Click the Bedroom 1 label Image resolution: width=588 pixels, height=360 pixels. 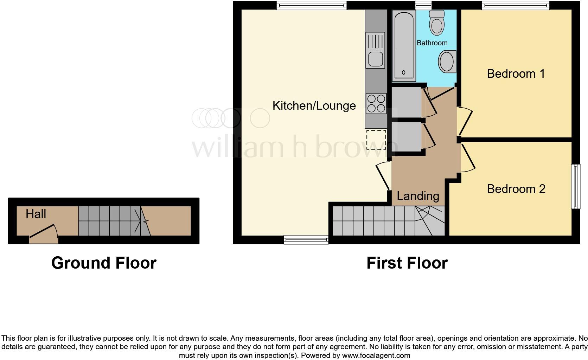(x=516, y=73)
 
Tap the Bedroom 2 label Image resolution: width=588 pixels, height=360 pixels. (x=516, y=189)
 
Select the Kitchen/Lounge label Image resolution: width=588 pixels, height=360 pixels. (x=314, y=105)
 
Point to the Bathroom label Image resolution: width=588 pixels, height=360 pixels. (x=432, y=43)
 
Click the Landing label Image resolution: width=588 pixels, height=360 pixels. (x=418, y=196)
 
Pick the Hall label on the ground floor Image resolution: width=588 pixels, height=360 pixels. (x=36, y=214)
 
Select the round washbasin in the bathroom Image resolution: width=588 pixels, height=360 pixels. (x=447, y=62)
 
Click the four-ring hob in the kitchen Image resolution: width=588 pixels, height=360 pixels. (x=376, y=103)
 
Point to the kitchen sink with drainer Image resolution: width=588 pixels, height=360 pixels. (x=375, y=50)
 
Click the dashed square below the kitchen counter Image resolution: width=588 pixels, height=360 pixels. (x=376, y=140)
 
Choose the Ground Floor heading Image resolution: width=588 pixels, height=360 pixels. (x=104, y=263)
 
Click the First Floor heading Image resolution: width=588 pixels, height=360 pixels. (x=407, y=263)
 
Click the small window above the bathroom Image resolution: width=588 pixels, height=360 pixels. (x=423, y=5)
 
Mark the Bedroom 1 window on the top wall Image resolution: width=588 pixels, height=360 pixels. (x=515, y=5)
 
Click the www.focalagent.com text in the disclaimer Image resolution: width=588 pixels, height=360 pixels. (x=376, y=355)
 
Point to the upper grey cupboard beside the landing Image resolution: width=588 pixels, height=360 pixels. (x=406, y=102)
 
